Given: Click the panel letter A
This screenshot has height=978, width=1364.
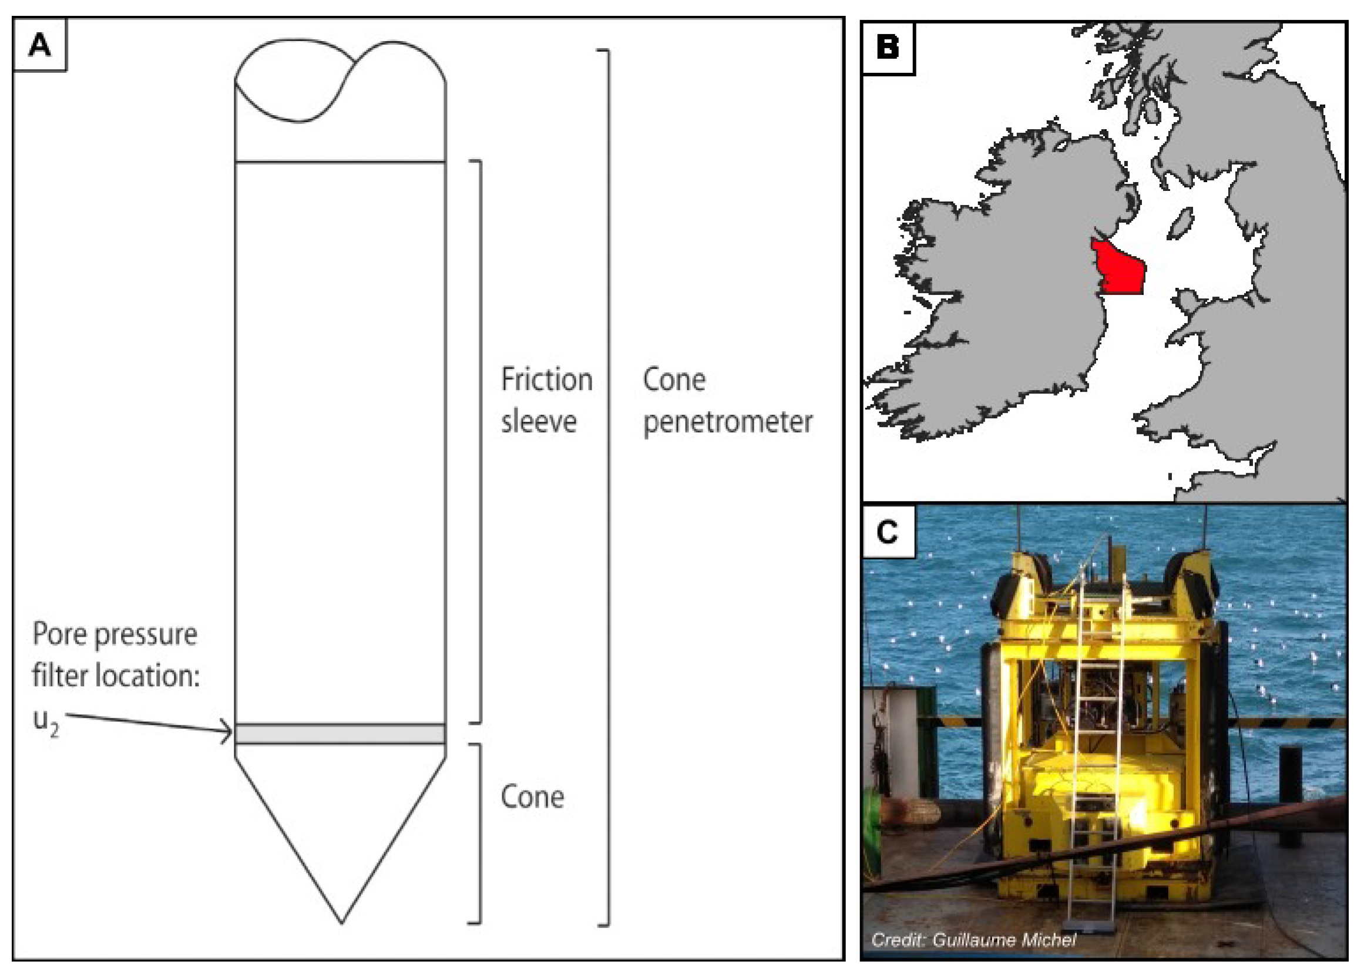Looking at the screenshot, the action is coord(40,45).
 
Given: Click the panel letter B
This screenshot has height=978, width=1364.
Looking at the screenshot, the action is coord(888,47).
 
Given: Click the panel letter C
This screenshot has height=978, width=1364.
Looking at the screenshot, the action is coord(888,532).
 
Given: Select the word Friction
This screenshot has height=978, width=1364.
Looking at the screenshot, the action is coord(547,379).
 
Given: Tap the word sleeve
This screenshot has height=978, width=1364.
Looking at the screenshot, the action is coord(539,421).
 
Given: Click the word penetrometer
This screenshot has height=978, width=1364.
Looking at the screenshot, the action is coord(728,422).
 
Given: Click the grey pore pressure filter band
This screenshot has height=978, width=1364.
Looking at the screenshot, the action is coord(340,734).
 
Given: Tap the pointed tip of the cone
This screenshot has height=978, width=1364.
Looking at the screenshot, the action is coord(342,922).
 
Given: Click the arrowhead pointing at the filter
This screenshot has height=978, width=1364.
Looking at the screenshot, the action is coord(227,732).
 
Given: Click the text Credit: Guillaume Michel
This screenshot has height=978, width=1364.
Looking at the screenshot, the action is coord(973,939).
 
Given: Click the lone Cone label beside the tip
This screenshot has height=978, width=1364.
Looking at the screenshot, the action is coord(532,798).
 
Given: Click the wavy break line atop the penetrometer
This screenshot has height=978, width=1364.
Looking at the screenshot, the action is coord(340,80).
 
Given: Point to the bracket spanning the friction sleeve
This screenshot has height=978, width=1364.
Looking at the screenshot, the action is coord(479,442).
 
